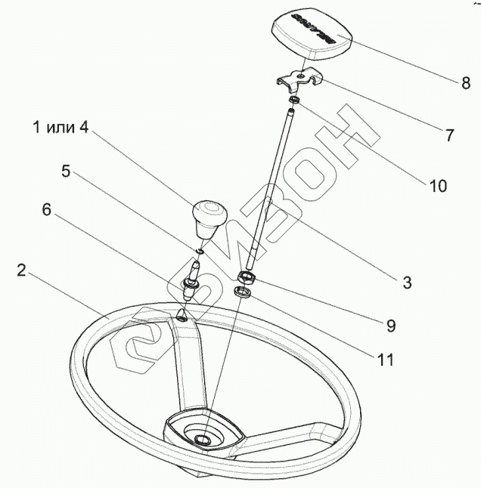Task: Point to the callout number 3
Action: [x=406, y=283]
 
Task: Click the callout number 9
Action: [x=389, y=326]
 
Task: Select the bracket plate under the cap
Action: [x=298, y=79]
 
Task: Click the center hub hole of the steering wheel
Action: [x=202, y=440]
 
